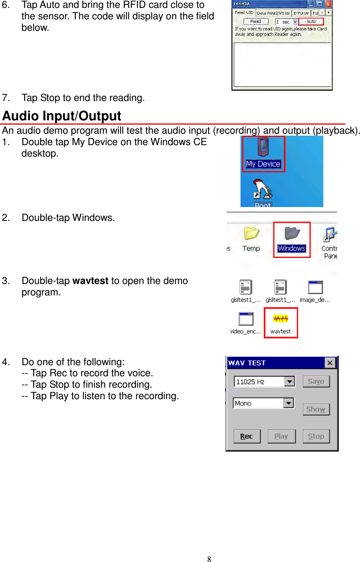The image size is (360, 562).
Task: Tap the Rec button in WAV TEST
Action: pos(247,436)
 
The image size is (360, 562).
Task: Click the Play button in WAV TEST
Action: pos(281,436)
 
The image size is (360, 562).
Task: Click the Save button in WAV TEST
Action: pos(316,381)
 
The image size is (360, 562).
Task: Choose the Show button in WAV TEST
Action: pos(316,409)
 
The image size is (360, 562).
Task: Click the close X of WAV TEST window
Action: pos(330,363)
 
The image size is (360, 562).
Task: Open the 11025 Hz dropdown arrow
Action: pos(290,381)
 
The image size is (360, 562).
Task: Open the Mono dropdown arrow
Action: pos(289,403)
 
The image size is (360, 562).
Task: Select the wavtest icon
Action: pos(281,319)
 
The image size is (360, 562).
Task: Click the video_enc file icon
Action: pos(246,319)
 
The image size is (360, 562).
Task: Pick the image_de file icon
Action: pos(315,288)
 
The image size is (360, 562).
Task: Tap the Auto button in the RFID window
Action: pos(311,22)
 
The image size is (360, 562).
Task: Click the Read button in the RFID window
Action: pos(256,22)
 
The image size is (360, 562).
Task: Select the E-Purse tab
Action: pos(301,13)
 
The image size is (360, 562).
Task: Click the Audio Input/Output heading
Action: pos(62,116)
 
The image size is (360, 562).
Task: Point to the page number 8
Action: pos(209,558)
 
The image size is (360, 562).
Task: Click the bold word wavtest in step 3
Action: pos(90,281)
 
